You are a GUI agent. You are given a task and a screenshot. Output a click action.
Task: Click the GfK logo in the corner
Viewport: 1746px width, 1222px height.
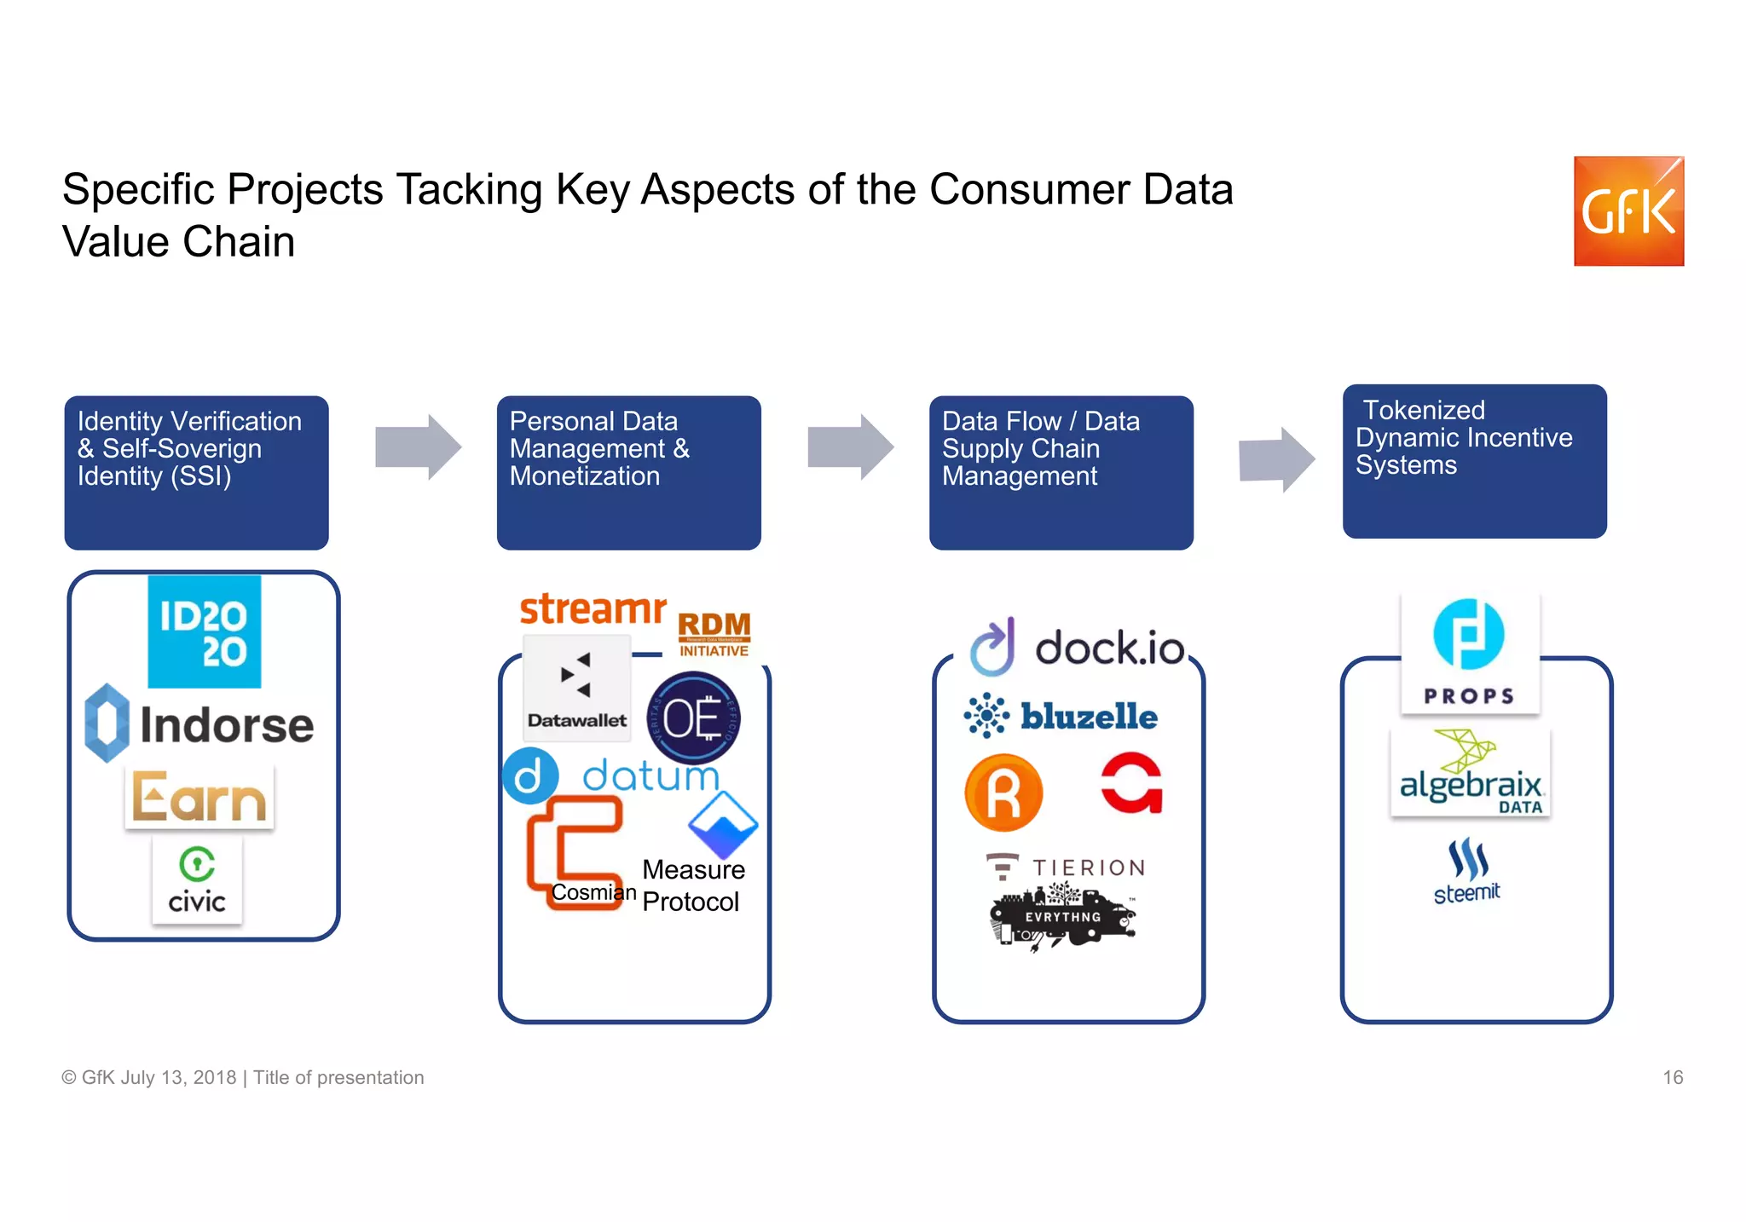coord(1627,210)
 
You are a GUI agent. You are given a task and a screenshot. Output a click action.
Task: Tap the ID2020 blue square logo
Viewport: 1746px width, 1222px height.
coord(205,631)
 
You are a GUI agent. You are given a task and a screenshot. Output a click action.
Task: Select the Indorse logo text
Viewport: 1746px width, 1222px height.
coord(226,725)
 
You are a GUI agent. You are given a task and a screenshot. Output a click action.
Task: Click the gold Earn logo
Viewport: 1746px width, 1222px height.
coord(199,797)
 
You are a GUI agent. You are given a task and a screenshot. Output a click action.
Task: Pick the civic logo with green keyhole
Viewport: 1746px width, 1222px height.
coord(197,879)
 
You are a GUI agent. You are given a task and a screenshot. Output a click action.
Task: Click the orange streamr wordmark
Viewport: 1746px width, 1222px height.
coord(593,609)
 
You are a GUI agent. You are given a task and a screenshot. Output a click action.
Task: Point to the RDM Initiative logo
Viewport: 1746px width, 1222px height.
coord(714,634)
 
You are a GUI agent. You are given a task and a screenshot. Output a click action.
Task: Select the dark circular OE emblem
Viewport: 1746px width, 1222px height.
coord(693,718)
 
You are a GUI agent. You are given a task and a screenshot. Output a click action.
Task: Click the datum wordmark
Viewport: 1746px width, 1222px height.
coord(650,775)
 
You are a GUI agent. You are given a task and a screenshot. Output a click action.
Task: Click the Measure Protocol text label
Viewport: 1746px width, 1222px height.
coord(692,885)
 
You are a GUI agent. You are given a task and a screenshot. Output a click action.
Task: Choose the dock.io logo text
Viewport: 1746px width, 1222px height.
coord(1108,648)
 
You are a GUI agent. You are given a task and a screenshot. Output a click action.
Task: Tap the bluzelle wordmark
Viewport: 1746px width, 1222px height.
coord(1089,717)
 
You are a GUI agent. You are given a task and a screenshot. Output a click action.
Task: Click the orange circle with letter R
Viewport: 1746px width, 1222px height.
coord(1003,793)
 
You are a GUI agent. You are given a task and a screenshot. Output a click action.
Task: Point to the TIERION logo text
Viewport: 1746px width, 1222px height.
coord(1088,868)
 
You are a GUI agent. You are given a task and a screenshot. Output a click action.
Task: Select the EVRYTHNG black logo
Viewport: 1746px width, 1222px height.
coord(1062,917)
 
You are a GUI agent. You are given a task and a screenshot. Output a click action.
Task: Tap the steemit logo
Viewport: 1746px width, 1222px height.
coord(1467,871)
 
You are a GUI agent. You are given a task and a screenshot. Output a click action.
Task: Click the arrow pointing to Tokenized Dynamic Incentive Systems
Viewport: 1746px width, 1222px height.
coord(1276,459)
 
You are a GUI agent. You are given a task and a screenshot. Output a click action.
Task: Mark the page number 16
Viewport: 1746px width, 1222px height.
coord(1672,1077)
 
